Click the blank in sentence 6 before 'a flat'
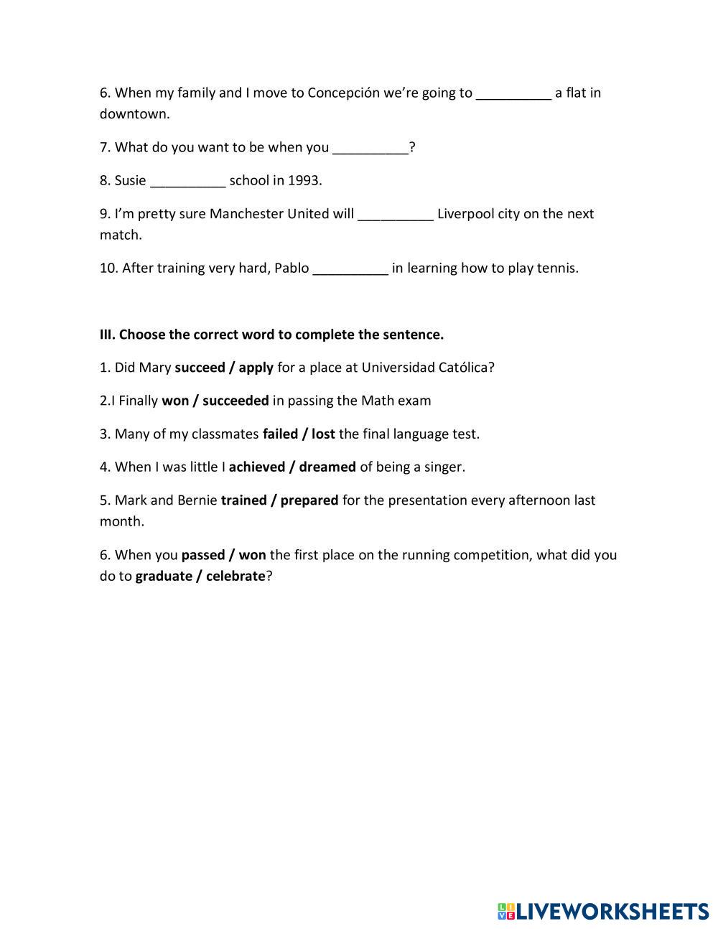[x=513, y=93]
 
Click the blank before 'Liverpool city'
[x=396, y=214]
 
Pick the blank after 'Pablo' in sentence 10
[x=351, y=269]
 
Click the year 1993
[x=304, y=181]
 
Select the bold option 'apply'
[x=256, y=368]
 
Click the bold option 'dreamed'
[x=327, y=467]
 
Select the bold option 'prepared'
[x=309, y=500]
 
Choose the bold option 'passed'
[x=202, y=555]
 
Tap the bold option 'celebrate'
[x=236, y=576]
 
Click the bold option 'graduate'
[x=164, y=576]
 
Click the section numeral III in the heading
[x=107, y=335]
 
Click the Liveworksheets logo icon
[x=506, y=912]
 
